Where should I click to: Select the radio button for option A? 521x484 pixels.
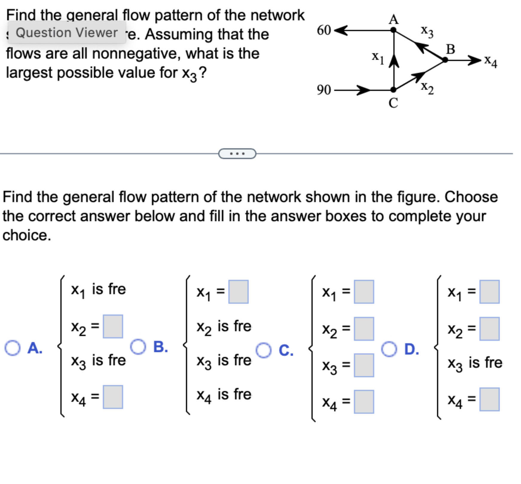[13, 348]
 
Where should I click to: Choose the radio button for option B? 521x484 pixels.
[138, 347]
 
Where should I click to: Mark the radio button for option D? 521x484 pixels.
[389, 349]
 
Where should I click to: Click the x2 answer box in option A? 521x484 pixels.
[113, 326]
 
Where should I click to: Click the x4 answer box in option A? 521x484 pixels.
[113, 397]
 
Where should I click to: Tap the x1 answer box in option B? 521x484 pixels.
[238, 292]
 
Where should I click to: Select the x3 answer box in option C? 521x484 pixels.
[364, 365]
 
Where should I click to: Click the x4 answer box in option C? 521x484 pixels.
[364, 402]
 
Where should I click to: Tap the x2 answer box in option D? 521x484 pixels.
[489, 329]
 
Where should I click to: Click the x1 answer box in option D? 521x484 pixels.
[489, 292]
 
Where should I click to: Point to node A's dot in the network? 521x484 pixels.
[393, 30]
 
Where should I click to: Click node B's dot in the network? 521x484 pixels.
[445, 60]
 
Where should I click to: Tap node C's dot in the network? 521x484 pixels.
[393, 90]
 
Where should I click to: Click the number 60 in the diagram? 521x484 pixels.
[324, 30]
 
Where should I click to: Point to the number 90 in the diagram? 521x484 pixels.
[324, 90]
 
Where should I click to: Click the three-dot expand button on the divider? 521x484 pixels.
[237, 154]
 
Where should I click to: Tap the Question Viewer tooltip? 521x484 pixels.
[67, 33]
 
